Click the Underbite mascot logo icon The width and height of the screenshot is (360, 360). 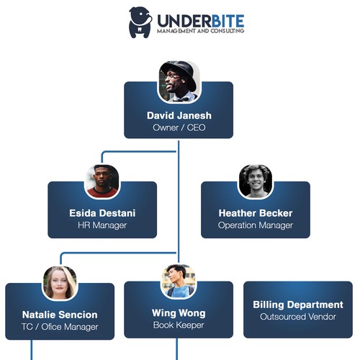140,22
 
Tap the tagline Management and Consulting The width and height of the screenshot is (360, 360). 199,31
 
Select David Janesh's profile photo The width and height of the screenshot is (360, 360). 179,81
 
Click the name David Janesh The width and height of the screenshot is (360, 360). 179,115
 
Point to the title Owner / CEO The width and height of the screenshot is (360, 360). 179,127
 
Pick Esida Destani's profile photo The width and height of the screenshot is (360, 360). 102,181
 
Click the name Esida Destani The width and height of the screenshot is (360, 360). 102,213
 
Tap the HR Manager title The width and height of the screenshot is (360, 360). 102,225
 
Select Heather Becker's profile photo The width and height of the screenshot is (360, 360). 256,181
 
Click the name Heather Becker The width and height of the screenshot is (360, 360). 256,213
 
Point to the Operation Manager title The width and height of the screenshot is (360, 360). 256,225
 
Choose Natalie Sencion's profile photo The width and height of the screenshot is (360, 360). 60,282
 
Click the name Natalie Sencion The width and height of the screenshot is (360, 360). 60,315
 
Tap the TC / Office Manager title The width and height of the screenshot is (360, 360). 60,327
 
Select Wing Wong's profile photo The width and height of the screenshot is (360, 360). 178,281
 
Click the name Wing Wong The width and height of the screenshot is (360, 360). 179,313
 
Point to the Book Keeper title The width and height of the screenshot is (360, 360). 179,325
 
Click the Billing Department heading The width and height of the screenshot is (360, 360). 298,305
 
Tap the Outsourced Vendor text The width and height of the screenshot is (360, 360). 298,317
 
